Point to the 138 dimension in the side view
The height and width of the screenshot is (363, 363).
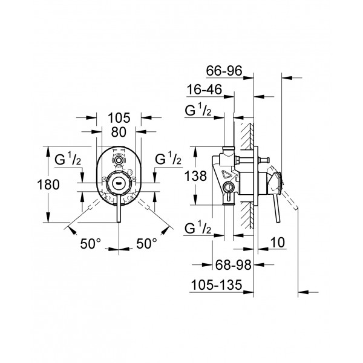click(196, 176)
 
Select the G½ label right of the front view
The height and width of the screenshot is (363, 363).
click(168, 159)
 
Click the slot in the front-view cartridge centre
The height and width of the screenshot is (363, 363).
click(119, 180)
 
